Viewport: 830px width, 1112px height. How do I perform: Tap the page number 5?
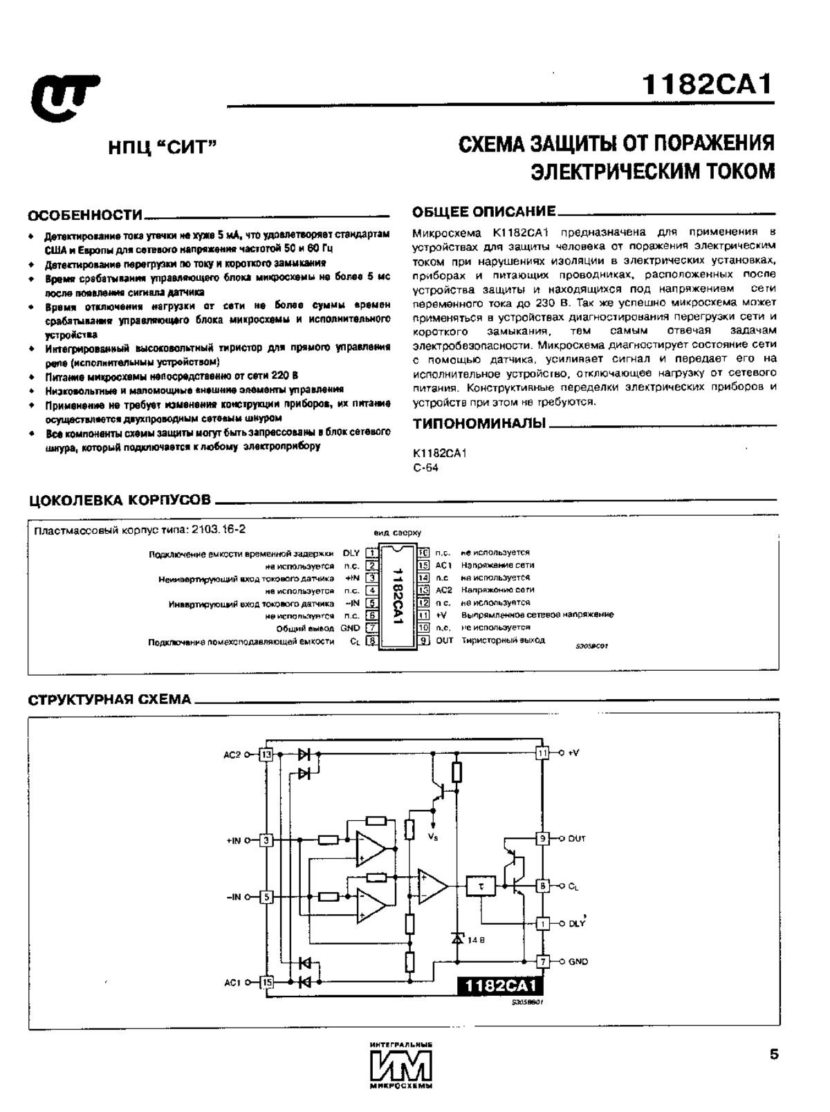(x=774, y=1054)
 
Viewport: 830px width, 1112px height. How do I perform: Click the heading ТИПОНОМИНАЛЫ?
(x=479, y=423)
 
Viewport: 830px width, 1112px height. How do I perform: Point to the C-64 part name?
(x=425, y=467)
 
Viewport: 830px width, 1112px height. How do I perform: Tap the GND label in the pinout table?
(x=350, y=628)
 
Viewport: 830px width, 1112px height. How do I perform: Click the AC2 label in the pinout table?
(x=443, y=590)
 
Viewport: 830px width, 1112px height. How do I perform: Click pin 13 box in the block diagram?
(x=266, y=754)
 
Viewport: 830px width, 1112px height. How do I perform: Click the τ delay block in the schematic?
(x=481, y=885)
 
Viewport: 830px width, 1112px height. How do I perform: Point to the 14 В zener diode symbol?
(x=456, y=938)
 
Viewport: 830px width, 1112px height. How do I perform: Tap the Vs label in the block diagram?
(x=433, y=837)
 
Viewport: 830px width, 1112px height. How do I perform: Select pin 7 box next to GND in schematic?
(x=543, y=961)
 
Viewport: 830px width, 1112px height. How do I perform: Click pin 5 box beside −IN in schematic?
(x=267, y=897)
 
